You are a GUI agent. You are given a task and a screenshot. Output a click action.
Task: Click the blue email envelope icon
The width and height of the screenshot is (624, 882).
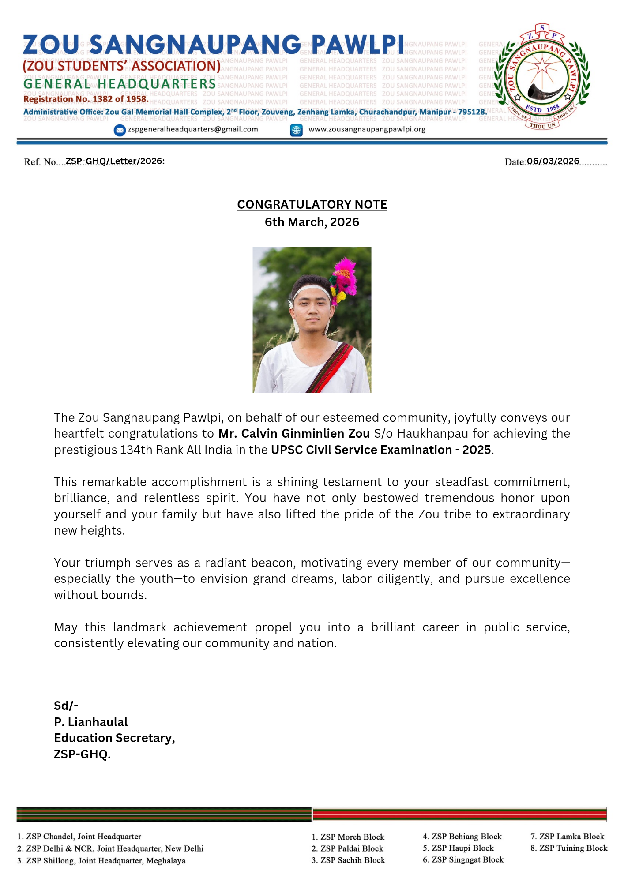pos(120,130)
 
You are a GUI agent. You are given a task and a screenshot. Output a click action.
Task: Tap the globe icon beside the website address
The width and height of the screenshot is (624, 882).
pos(296,130)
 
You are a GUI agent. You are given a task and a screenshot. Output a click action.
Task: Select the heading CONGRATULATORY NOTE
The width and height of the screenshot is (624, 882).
pos(312,205)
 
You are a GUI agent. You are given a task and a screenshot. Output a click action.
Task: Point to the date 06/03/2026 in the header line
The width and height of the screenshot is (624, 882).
pos(553,161)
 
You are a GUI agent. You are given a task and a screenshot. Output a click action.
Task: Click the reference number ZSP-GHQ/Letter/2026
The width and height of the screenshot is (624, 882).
pos(114,161)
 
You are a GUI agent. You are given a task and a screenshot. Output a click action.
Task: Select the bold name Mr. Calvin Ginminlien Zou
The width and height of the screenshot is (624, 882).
pos(294,434)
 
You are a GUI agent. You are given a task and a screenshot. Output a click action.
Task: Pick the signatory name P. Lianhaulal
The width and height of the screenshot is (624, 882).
pos(91,722)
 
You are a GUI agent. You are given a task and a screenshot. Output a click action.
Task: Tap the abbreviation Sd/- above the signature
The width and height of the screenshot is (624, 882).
pos(66,706)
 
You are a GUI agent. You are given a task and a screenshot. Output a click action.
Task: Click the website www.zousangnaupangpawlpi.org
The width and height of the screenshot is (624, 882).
pos(367,130)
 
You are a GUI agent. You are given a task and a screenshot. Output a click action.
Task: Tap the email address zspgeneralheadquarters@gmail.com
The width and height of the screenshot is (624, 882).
pos(193,130)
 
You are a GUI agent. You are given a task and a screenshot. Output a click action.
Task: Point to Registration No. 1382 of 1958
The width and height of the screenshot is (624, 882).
pos(86,99)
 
